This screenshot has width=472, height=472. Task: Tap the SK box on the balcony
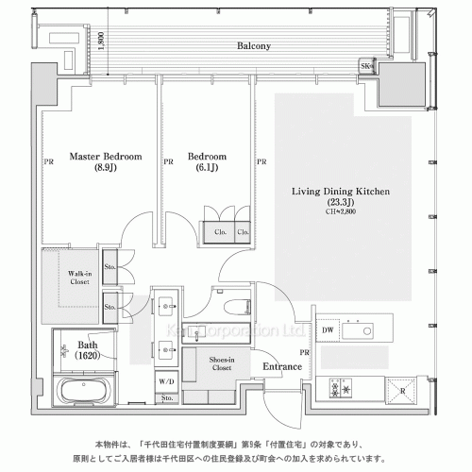pyautogui.click(x=365, y=65)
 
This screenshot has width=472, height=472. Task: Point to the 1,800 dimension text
pyautogui.click(x=100, y=42)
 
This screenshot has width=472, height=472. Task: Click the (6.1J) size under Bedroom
pyautogui.click(x=206, y=169)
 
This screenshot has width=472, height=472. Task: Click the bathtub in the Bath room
pyautogui.click(x=86, y=390)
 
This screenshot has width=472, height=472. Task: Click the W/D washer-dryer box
pyautogui.click(x=167, y=382)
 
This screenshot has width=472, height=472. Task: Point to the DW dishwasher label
pyautogui.click(x=327, y=329)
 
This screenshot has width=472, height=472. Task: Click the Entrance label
pyautogui.click(x=281, y=366)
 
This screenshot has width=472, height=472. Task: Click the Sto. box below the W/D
pyautogui.click(x=167, y=400)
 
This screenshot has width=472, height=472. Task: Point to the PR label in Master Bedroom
pyautogui.click(x=48, y=161)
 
